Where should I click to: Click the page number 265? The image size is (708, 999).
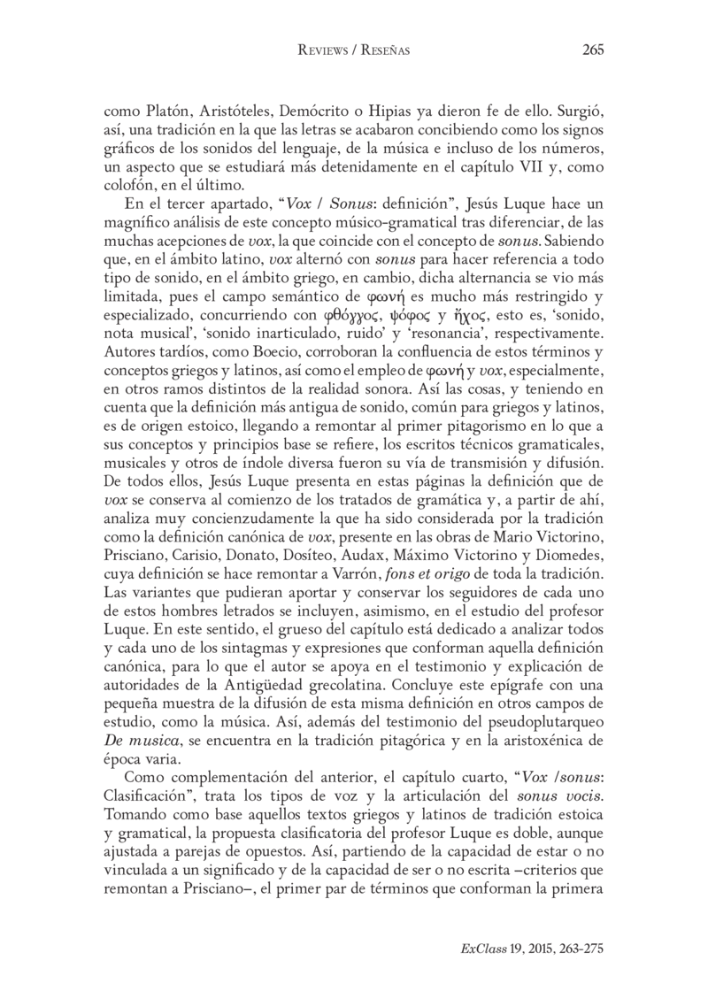(593, 50)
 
